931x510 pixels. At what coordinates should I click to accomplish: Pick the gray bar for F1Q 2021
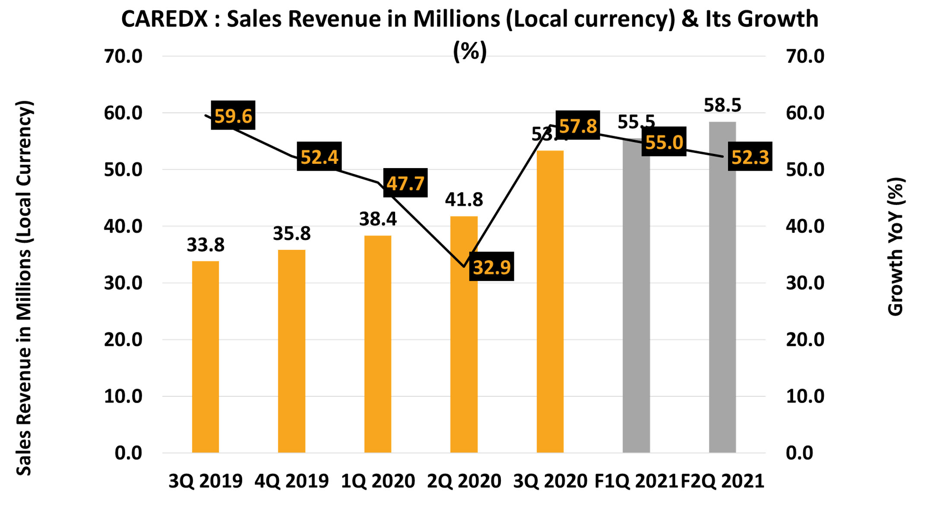pos(636,303)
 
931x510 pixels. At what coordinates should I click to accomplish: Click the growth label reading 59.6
pos(233,115)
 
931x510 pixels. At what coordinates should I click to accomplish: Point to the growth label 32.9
pos(492,267)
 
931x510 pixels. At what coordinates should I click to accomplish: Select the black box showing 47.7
pos(405,183)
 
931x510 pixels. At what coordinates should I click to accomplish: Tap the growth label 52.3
pos(750,156)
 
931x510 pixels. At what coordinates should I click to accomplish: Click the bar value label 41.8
pos(464,199)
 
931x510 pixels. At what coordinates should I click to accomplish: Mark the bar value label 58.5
pos(722,105)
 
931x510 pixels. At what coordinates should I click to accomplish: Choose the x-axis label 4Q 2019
pos(291,481)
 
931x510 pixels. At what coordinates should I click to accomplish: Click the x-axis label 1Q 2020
pos(378,481)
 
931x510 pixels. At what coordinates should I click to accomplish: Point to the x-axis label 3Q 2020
pos(550,481)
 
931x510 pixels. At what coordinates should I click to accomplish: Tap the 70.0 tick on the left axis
pos(123,56)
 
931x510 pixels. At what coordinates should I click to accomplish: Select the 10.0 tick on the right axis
pos(805,396)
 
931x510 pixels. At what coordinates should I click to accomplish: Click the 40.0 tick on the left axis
pos(123,226)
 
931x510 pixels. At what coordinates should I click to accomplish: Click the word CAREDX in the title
pos(165,19)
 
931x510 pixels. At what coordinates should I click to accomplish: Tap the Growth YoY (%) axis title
pos(896,246)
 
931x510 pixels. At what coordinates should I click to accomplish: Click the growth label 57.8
pos(578,126)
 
